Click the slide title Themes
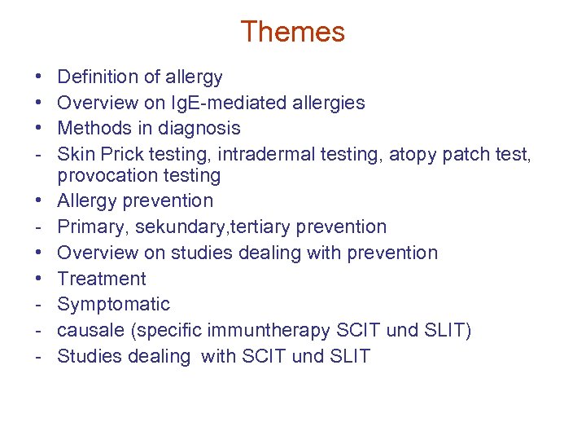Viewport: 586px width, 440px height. tap(292, 32)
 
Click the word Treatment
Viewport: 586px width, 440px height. tap(102, 279)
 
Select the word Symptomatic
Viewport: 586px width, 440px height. tap(114, 305)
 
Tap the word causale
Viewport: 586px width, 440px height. tap(91, 330)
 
